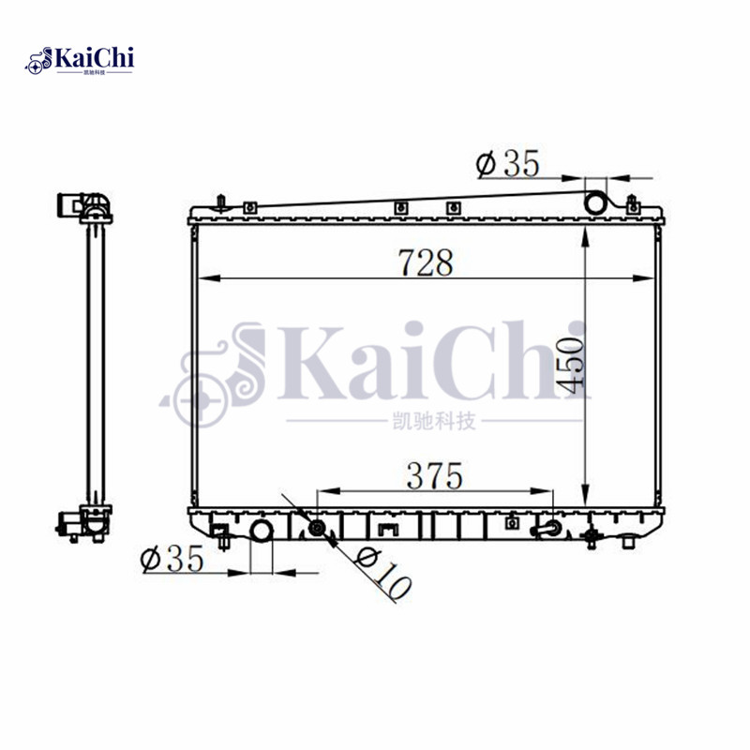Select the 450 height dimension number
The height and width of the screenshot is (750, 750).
(574, 364)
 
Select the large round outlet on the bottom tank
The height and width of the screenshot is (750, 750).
(261, 532)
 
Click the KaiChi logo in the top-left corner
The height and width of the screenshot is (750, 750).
(81, 61)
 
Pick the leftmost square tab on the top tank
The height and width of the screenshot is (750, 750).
(249, 208)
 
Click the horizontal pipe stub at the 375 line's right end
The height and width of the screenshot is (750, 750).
(547, 531)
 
